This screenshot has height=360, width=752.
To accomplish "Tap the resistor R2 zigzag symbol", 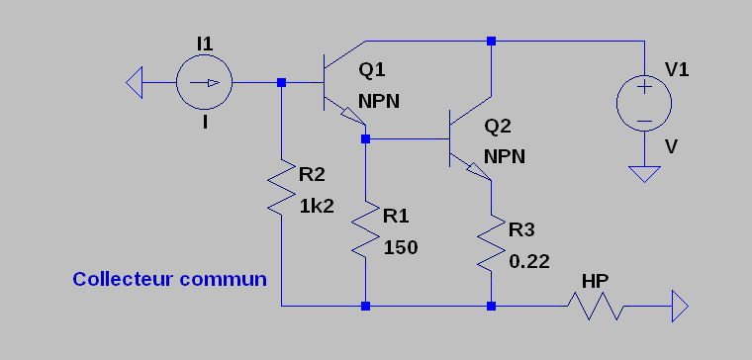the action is click(282, 187).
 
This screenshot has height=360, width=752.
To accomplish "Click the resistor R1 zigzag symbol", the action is click(365, 228).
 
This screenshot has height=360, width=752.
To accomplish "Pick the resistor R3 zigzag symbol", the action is click(491, 242).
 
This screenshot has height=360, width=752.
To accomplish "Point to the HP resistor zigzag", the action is click(596, 306).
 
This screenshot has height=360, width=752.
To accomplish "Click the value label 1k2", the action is click(317, 206).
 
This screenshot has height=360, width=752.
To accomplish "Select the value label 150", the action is click(401, 248).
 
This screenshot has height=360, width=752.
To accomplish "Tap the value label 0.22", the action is click(529, 262).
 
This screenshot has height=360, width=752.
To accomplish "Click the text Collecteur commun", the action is click(170, 279).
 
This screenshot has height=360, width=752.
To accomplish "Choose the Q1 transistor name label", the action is click(372, 70).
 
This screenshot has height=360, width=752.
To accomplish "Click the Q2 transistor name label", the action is click(498, 126).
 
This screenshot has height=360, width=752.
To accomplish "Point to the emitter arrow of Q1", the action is click(352, 116).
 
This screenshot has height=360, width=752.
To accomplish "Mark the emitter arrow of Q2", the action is click(478, 171).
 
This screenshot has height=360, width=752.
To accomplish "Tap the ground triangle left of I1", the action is click(135, 82).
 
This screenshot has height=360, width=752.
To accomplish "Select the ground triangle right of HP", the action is click(680, 306).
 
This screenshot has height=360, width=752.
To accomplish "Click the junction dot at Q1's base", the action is click(282, 82).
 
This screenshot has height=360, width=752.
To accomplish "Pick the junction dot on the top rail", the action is click(491, 41).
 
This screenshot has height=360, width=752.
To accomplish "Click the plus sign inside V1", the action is click(645, 87).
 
